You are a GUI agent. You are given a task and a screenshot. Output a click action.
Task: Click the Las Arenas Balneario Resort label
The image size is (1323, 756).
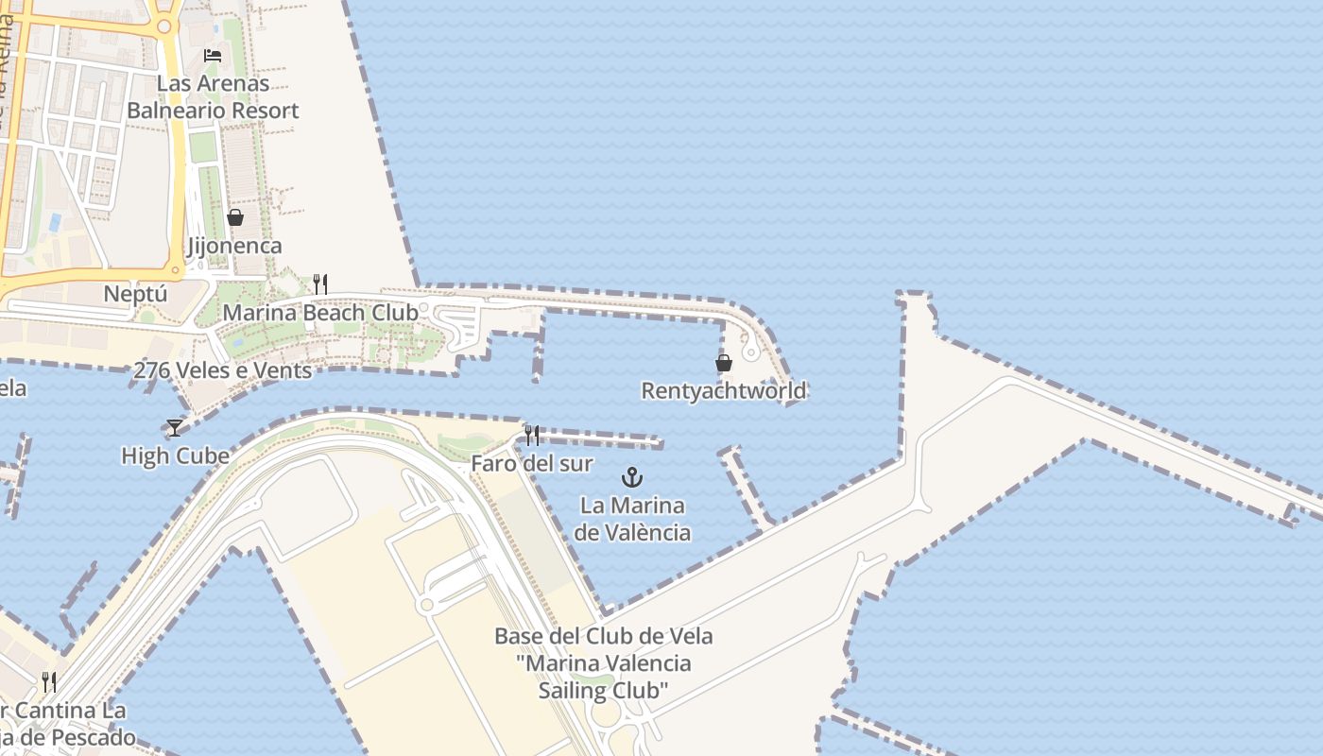(x=213, y=96)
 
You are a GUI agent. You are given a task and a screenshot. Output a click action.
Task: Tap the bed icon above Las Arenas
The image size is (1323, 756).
(x=213, y=56)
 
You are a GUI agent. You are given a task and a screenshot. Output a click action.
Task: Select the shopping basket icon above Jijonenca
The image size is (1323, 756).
(x=235, y=218)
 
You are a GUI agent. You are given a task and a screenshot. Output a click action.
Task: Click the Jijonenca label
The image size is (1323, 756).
(x=234, y=246)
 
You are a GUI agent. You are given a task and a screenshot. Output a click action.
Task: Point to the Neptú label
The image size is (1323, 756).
(x=135, y=294)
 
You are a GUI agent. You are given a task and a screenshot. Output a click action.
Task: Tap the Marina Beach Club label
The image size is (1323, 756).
(x=319, y=312)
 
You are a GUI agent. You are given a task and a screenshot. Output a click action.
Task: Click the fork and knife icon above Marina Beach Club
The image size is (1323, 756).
(x=320, y=283)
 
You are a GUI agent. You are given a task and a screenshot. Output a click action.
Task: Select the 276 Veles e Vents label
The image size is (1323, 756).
(x=222, y=370)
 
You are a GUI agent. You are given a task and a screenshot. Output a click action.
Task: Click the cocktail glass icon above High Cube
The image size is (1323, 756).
(x=175, y=428)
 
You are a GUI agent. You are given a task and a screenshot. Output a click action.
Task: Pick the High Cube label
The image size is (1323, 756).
(x=175, y=456)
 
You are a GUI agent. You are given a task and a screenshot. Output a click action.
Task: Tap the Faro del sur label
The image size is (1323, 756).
(x=532, y=464)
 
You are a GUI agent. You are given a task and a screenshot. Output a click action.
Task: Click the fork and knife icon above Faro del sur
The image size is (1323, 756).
(x=532, y=436)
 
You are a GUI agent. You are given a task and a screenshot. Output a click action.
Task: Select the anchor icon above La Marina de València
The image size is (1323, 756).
(x=632, y=477)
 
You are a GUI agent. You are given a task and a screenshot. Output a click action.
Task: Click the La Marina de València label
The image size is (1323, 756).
(x=632, y=519)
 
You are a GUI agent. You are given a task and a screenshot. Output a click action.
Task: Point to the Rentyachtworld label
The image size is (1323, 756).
(x=724, y=390)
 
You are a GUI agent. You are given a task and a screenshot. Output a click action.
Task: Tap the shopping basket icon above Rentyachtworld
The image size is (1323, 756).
(x=724, y=363)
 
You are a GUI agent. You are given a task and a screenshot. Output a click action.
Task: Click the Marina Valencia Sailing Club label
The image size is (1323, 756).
(x=604, y=663)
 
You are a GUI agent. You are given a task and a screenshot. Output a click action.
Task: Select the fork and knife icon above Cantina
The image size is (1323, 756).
(x=49, y=681)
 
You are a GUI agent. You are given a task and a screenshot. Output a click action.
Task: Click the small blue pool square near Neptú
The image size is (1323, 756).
(x=54, y=223)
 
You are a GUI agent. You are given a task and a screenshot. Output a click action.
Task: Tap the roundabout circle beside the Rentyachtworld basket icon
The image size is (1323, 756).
(x=750, y=352)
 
